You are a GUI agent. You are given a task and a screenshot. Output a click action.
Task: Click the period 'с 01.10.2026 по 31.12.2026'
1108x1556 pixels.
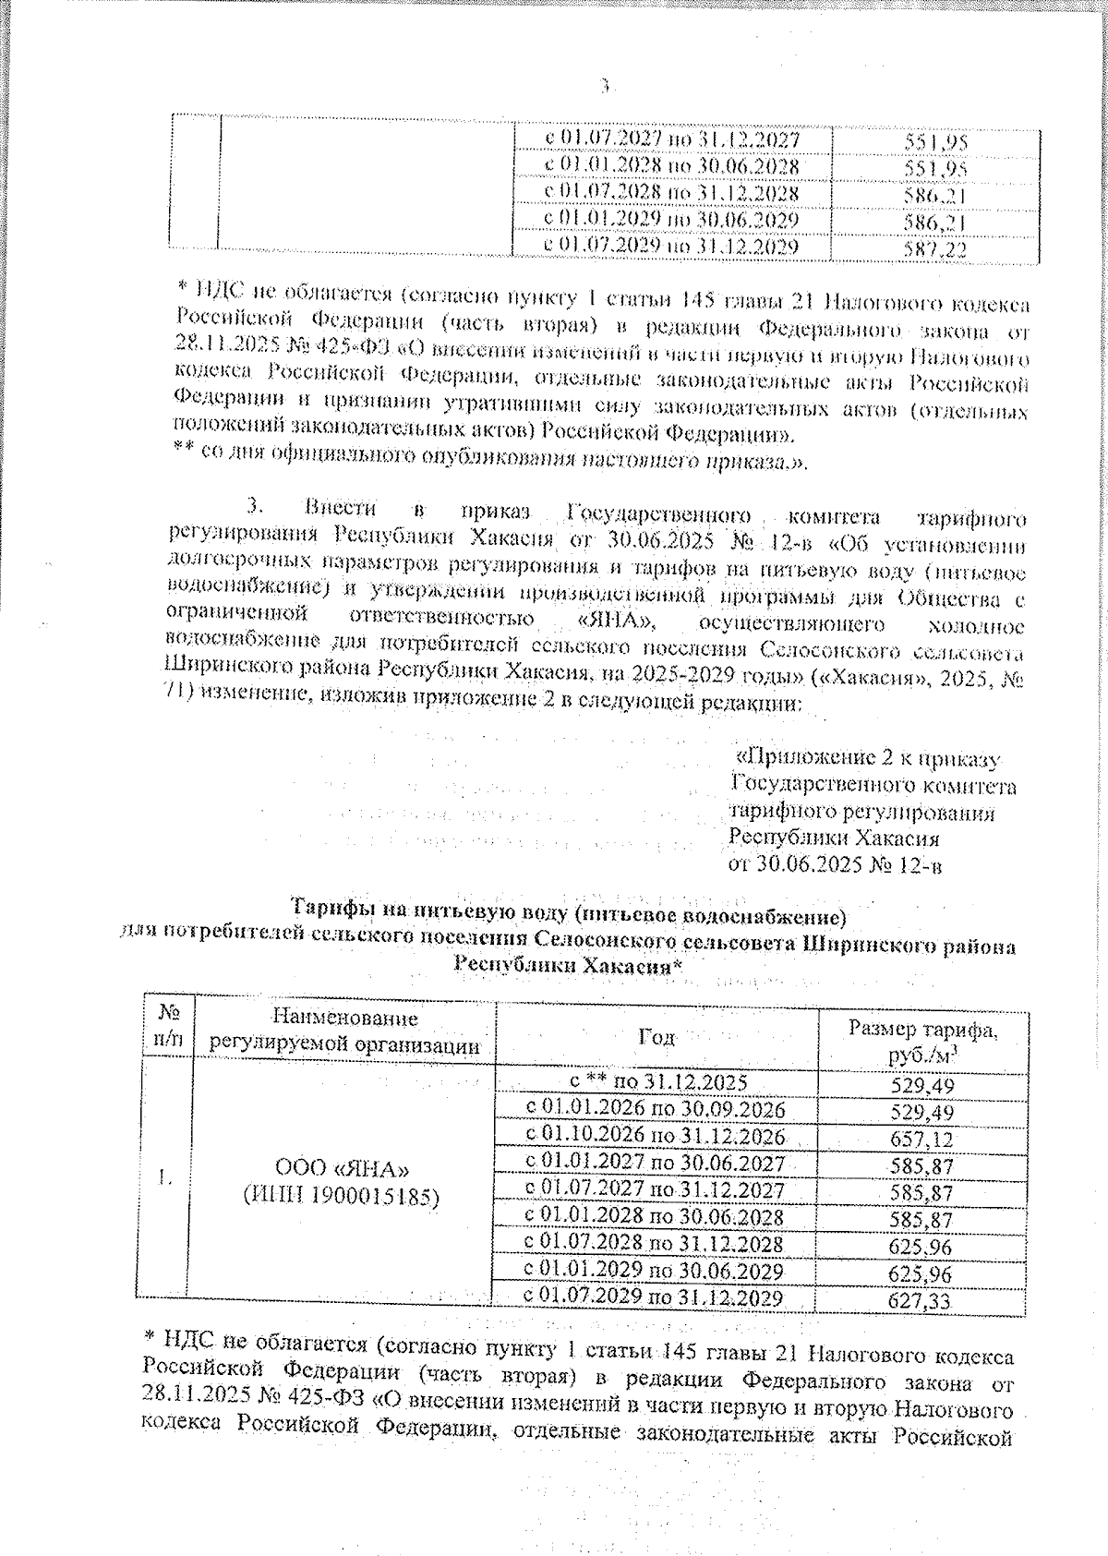(655, 1136)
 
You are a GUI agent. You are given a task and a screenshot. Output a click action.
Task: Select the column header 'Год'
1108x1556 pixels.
(656, 1037)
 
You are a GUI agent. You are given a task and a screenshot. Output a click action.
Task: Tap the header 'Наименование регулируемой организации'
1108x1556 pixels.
(344, 1031)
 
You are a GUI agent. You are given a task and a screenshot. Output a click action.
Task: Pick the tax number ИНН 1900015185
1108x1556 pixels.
(341, 1196)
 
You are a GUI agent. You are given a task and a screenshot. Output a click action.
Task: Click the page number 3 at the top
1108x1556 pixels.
(606, 87)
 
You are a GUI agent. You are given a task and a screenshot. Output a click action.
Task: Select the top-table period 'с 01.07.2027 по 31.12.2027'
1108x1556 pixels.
(671, 140)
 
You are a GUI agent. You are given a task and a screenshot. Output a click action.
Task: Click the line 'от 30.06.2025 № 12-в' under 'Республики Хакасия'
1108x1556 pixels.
(836, 865)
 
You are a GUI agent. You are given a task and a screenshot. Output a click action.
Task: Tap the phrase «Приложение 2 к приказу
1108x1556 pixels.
(866, 759)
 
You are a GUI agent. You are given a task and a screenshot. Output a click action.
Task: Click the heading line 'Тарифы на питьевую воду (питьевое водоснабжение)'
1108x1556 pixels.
(569, 917)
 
